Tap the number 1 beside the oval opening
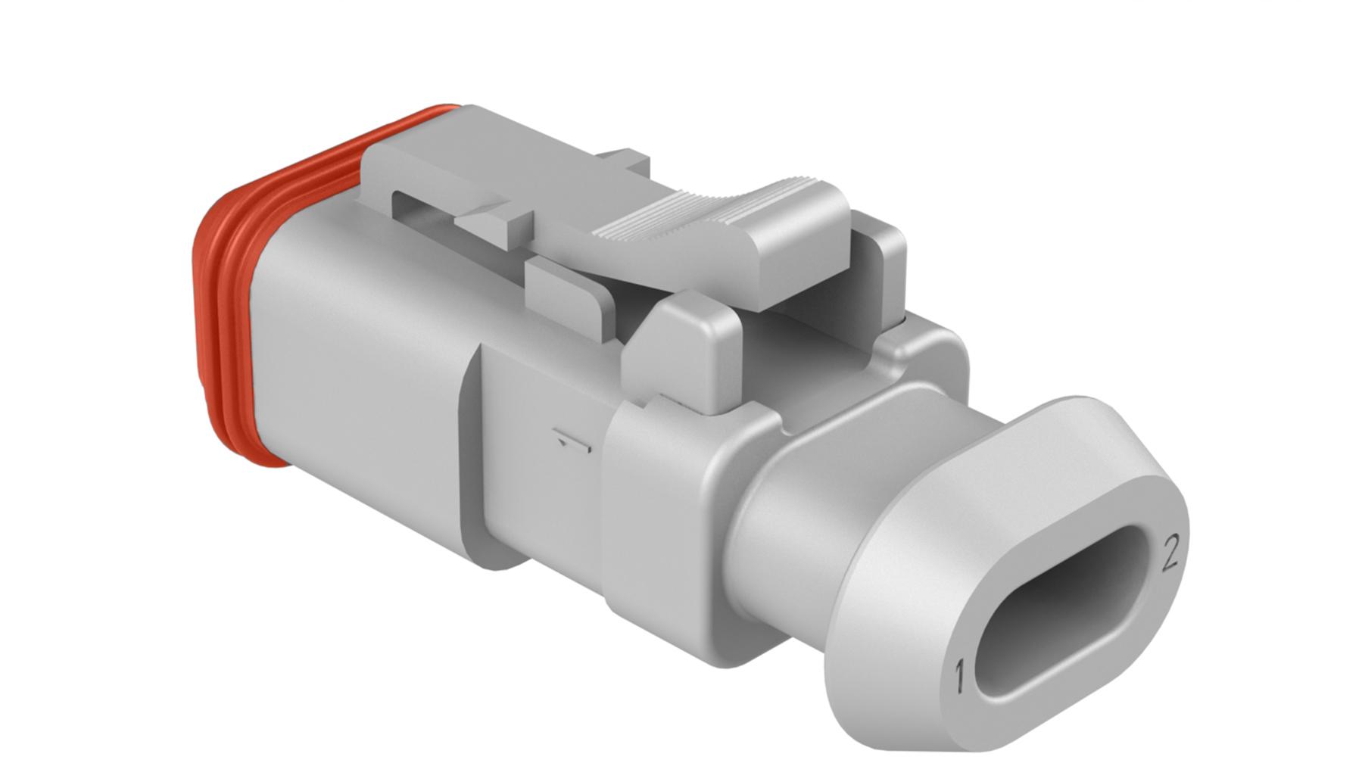click(x=959, y=676)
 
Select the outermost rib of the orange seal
click(x=208, y=303)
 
